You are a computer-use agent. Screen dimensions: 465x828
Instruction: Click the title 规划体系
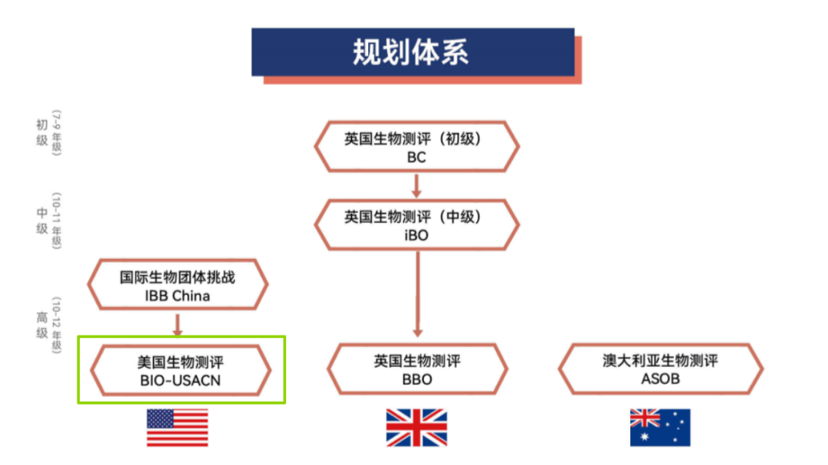coord(412,52)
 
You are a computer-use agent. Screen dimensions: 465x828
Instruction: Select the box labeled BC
coord(416,147)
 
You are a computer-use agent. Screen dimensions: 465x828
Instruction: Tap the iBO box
coord(416,225)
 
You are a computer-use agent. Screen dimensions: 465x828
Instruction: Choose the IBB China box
coord(177,286)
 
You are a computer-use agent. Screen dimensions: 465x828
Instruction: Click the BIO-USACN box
coord(181,370)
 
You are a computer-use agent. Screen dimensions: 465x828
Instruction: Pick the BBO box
coord(416,369)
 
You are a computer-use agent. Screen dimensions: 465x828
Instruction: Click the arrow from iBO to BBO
coord(416,295)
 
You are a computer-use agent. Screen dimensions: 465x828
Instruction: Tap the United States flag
coord(177,427)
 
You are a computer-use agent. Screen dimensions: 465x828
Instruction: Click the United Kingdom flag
coord(416,427)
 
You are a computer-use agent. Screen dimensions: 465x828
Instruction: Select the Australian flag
coord(660,427)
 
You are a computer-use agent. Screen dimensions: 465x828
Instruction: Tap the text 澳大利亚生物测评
coord(660,360)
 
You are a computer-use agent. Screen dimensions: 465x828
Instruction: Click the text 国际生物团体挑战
coord(177,277)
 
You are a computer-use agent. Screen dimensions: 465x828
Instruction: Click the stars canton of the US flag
coord(160,418)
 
